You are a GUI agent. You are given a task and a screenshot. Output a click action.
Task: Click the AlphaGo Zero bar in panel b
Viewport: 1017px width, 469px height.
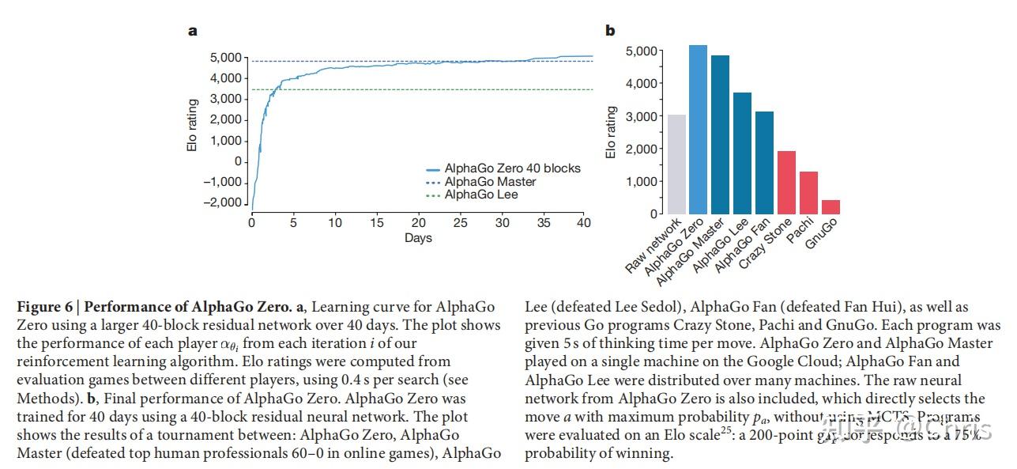(x=698, y=130)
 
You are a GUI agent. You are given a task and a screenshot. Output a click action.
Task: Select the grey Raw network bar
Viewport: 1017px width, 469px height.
(x=676, y=165)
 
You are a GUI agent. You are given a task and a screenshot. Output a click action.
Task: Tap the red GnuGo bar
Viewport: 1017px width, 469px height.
(x=831, y=206)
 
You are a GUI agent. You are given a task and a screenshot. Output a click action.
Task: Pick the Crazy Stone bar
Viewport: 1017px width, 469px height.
(x=786, y=182)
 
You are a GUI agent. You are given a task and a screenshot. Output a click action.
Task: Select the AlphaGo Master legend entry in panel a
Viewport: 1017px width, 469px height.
(x=490, y=182)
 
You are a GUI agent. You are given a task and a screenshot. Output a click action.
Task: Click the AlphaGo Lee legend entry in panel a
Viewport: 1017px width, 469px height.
(x=481, y=195)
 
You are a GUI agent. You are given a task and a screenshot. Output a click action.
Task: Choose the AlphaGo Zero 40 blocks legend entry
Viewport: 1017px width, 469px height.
(x=512, y=168)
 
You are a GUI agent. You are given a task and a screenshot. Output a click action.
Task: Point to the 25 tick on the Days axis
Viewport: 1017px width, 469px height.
(x=461, y=223)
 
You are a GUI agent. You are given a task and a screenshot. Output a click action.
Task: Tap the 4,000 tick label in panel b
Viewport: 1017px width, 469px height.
(x=641, y=83)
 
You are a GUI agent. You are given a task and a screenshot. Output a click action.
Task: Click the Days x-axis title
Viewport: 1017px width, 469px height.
(x=418, y=237)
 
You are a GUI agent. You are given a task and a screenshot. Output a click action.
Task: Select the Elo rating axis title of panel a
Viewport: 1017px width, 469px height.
(x=193, y=126)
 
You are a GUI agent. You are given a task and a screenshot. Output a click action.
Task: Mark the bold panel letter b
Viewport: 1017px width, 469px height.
(x=610, y=31)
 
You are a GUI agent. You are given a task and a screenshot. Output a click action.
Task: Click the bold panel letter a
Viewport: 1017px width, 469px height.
(x=192, y=32)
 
